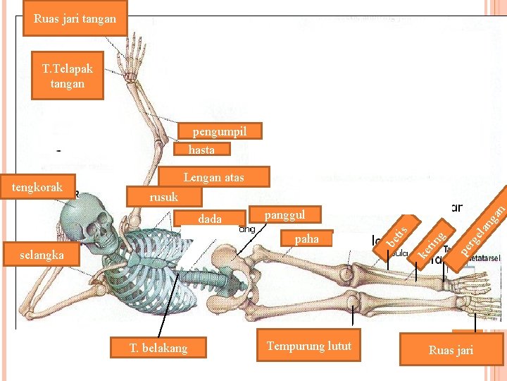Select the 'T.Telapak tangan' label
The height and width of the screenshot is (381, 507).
(68, 76)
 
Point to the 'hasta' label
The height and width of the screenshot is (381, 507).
(202, 150)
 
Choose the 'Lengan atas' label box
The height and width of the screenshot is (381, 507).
(213, 177)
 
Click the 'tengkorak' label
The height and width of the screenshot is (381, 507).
(38, 187)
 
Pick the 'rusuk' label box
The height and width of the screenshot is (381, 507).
(163, 198)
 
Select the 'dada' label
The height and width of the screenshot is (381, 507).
(210, 219)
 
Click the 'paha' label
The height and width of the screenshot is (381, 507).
(307, 239)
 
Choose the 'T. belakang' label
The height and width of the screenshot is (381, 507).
(159, 347)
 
